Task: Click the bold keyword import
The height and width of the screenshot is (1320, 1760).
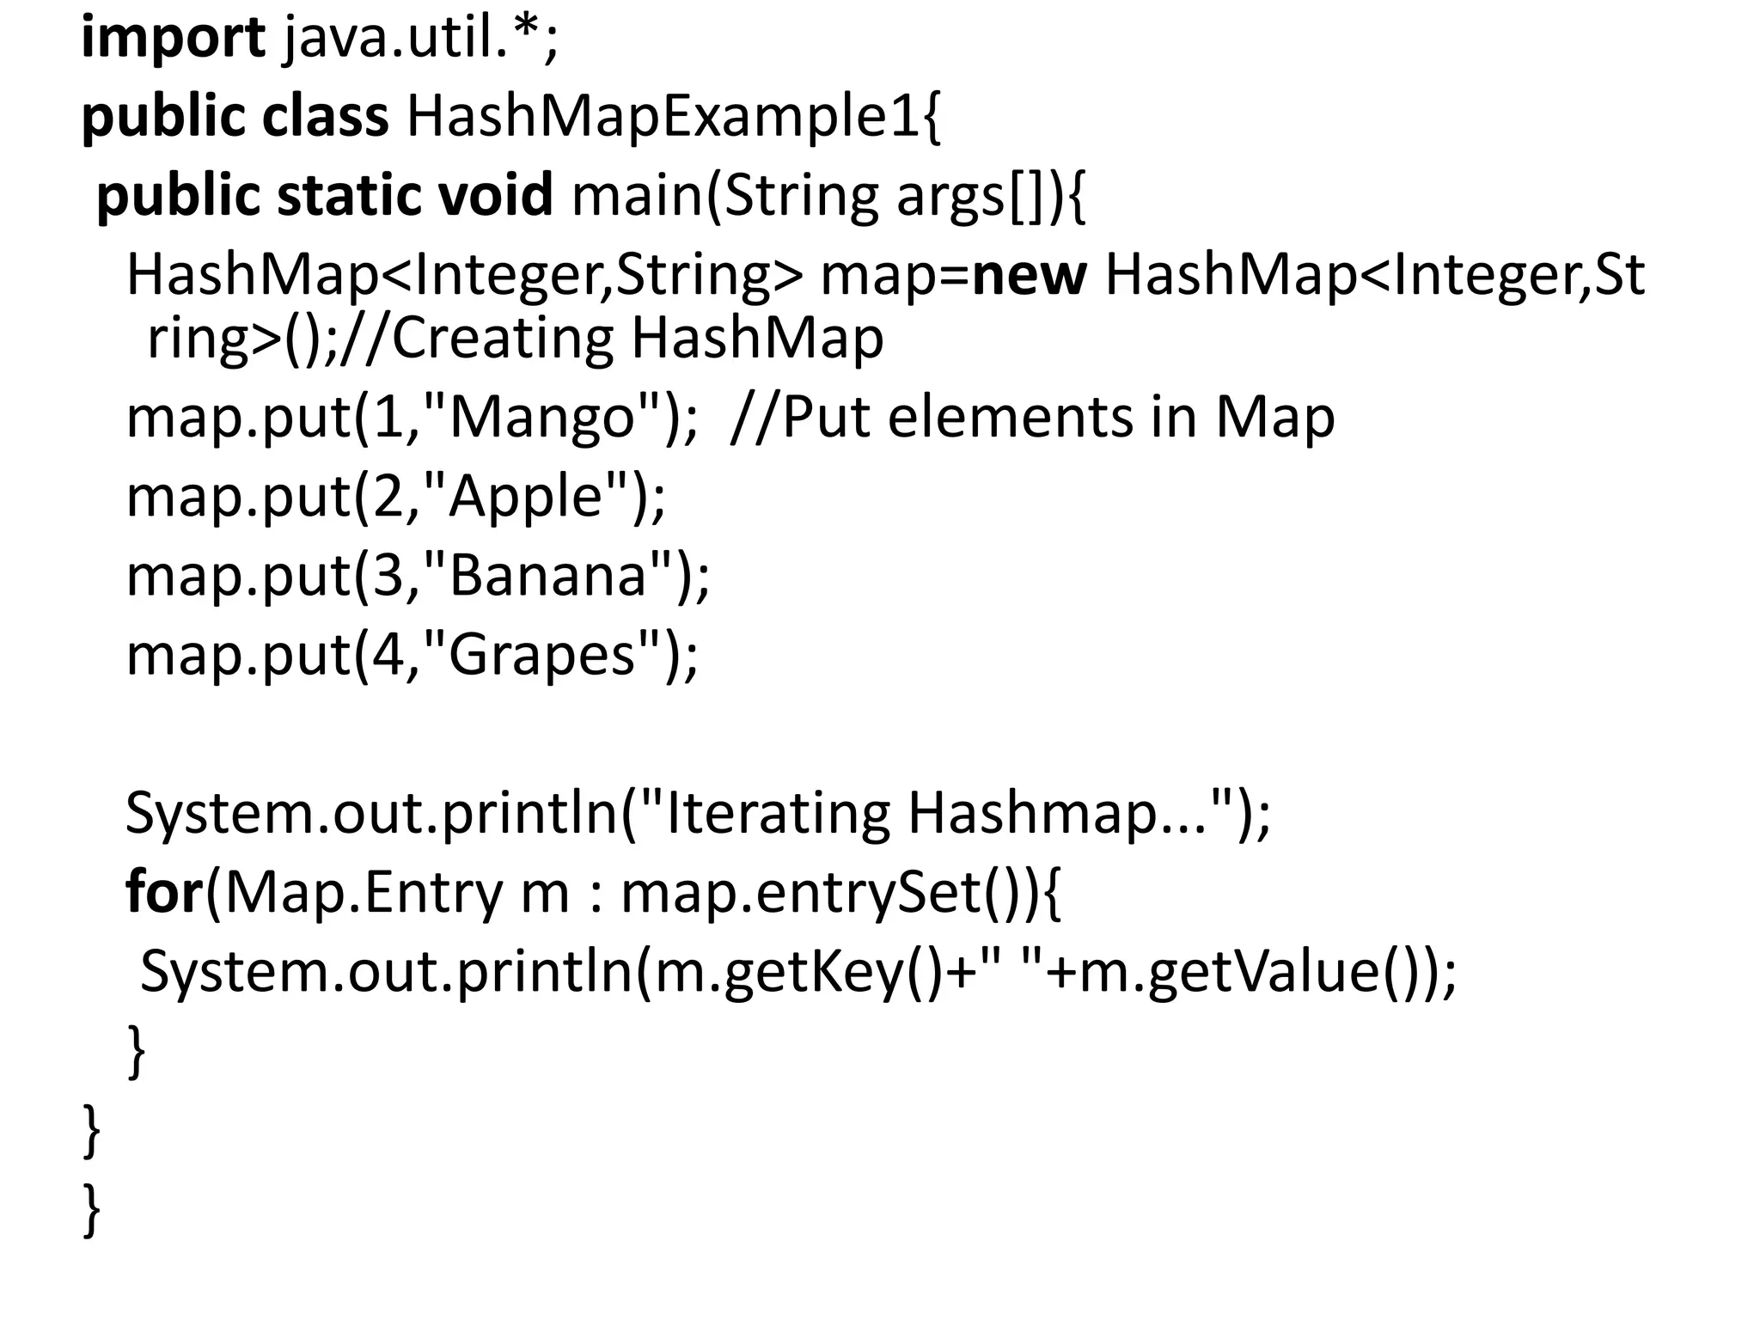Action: [x=173, y=40]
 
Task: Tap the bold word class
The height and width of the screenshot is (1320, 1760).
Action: [x=325, y=117]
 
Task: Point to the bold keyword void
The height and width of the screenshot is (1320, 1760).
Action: [x=495, y=195]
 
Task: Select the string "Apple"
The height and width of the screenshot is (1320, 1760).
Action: [x=525, y=497]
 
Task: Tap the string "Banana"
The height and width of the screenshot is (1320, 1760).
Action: [x=547, y=576]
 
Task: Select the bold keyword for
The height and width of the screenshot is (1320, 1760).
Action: [x=162, y=892]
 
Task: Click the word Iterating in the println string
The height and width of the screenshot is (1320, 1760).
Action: [x=778, y=813]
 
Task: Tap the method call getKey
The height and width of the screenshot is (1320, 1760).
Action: [x=813, y=971]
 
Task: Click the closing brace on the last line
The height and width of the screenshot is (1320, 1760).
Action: [x=91, y=1211]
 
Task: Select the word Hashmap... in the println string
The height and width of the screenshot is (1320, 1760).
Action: [x=1066, y=813]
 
